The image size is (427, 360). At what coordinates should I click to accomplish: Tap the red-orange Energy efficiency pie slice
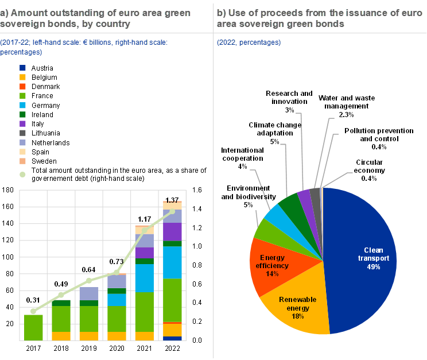[270, 261]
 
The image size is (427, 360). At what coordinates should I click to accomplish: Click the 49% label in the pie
[374, 267]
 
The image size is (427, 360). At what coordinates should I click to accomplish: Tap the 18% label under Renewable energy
[297, 316]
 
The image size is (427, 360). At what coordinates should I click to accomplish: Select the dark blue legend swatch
[22, 68]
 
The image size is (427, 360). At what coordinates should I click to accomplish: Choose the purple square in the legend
[22, 123]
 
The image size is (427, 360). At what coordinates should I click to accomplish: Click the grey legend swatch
[22, 133]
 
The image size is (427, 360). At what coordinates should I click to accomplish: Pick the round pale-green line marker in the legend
[22, 174]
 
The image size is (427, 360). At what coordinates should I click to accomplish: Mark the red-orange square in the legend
[22, 86]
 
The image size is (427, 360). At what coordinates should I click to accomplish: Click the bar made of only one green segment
[33, 327]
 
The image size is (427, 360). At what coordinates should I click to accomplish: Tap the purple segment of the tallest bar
[172, 232]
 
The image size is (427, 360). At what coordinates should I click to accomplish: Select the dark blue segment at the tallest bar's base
[172, 338]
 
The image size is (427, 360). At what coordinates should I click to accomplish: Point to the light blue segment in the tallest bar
[172, 262]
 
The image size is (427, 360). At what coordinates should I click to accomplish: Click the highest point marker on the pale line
[172, 211]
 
